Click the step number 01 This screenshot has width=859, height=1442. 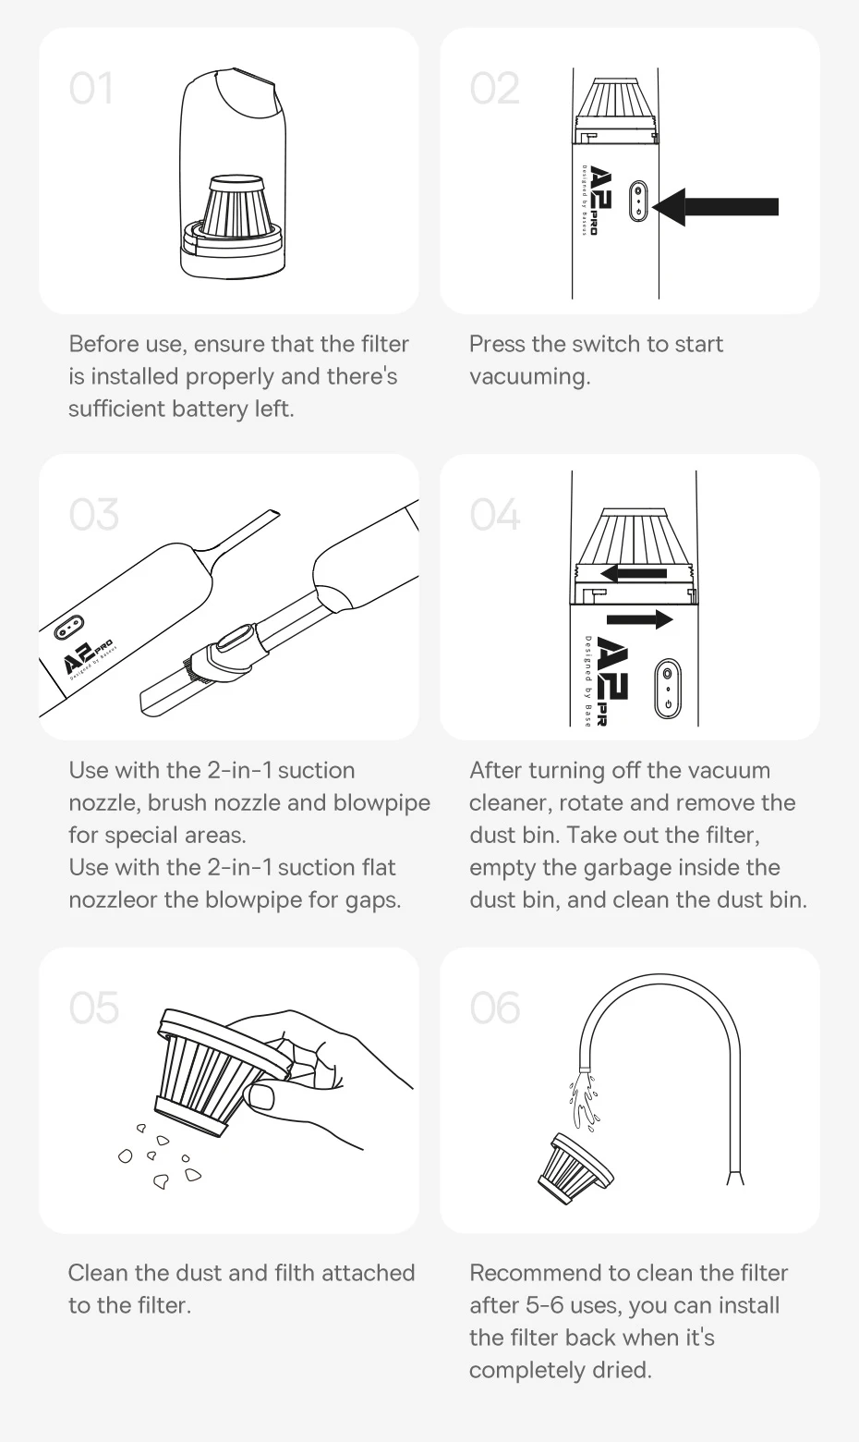pyautogui.click(x=91, y=88)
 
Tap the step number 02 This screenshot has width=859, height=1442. pyautogui.click(x=494, y=88)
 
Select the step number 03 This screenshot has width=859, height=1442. pyautogui.click(x=94, y=515)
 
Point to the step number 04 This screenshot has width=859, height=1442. pyautogui.click(x=495, y=515)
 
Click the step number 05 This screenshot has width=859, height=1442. pyautogui.click(x=94, y=1008)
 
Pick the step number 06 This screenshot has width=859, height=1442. pyautogui.click(x=495, y=1008)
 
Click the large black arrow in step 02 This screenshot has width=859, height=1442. pyautogui.click(x=715, y=207)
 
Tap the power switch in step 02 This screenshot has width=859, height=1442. pyautogui.click(x=637, y=201)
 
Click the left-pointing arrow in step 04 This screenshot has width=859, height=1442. pyautogui.click(x=633, y=573)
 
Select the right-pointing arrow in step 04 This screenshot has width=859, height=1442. pyautogui.click(x=639, y=619)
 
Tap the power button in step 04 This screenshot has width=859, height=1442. pyautogui.click(x=668, y=688)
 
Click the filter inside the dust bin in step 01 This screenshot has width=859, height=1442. pyautogui.click(x=234, y=209)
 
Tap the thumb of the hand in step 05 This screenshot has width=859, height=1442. pyautogui.click(x=260, y=1096)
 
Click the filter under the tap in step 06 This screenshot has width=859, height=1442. pyautogui.click(x=575, y=1169)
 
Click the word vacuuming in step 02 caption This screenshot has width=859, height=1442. pyautogui.click(x=530, y=376)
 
